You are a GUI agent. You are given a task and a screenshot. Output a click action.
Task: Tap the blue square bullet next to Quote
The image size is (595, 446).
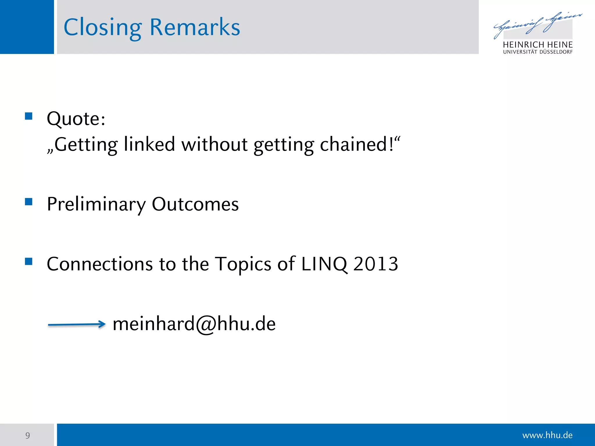click(x=28, y=116)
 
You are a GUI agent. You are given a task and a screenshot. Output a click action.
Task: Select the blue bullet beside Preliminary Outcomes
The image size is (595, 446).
click(x=28, y=202)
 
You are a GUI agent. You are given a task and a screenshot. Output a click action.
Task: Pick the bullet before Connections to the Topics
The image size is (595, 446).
click(x=28, y=261)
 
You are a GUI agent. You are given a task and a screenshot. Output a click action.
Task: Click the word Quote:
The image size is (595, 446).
click(x=76, y=119)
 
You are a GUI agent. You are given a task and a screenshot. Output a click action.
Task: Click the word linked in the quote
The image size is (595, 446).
click(x=149, y=144)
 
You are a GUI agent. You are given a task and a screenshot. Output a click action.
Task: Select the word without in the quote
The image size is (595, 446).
click(x=214, y=144)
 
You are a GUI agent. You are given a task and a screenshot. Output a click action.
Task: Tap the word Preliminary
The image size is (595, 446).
click(x=96, y=204)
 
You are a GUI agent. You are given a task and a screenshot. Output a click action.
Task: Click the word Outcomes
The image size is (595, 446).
click(x=195, y=204)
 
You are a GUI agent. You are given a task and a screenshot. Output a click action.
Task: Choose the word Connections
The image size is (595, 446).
click(x=100, y=264)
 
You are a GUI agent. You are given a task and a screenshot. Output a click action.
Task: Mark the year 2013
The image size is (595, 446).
click(x=376, y=264)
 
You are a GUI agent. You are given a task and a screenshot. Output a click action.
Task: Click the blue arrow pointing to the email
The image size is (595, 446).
click(x=77, y=324)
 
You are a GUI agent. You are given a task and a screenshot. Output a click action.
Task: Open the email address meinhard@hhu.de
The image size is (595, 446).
click(x=194, y=324)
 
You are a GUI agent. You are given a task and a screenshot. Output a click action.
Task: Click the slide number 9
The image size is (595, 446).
click(x=28, y=436)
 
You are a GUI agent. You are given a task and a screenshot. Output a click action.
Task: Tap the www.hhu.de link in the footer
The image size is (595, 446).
click(x=547, y=435)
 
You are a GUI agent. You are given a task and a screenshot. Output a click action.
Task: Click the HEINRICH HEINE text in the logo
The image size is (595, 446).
click(x=537, y=45)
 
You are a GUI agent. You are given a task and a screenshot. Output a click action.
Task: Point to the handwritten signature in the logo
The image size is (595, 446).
click(x=537, y=25)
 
